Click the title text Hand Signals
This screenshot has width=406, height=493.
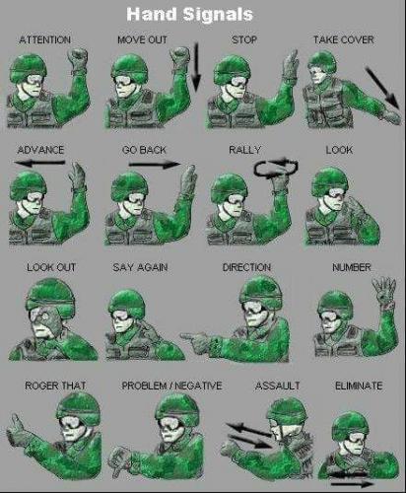(x=202, y=14)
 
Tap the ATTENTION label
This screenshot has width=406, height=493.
(x=44, y=39)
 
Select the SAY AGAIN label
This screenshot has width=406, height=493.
(x=146, y=267)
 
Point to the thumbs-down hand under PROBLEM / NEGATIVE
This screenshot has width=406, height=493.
(x=122, y=457)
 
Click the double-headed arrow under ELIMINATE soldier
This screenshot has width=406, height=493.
(x=352, y=479)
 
